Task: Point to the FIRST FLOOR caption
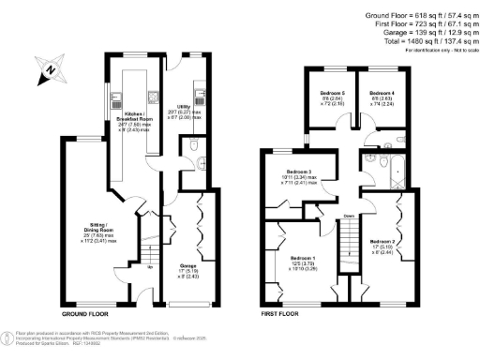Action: point(281,311)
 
